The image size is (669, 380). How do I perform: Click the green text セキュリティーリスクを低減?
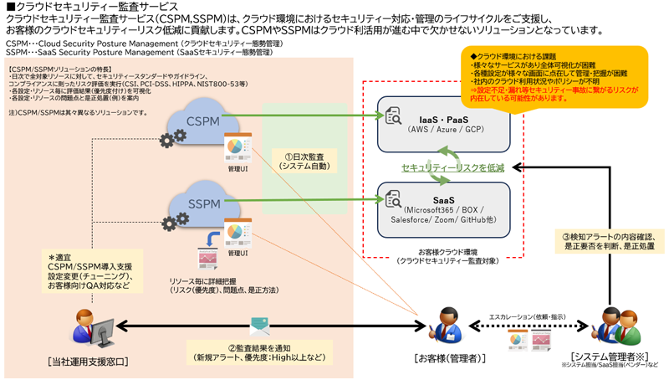pos(452,168)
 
